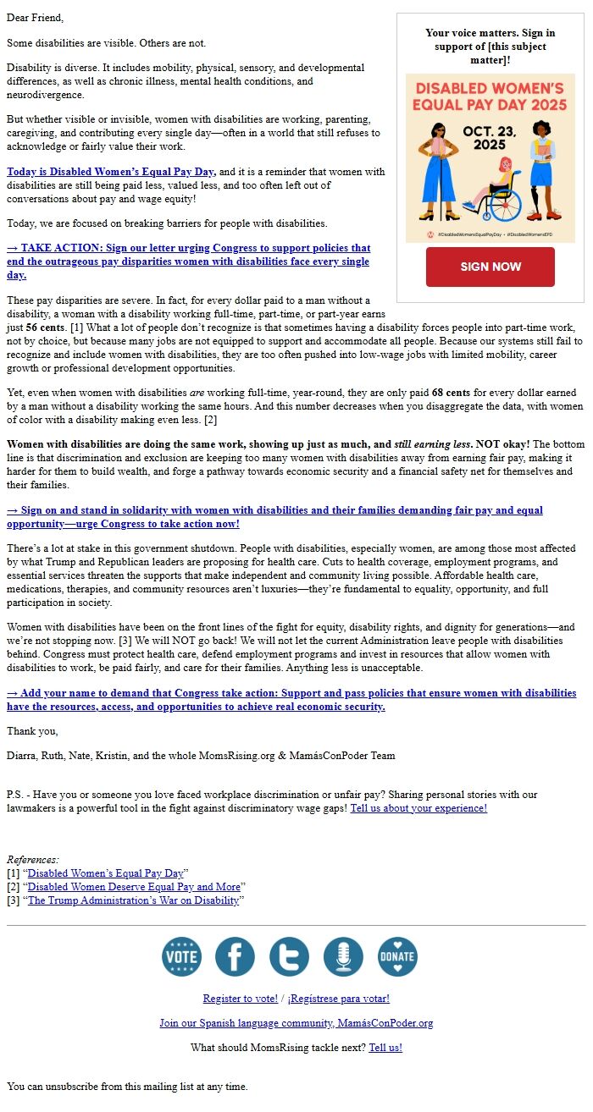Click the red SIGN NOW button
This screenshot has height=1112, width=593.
click(x=490, y=267)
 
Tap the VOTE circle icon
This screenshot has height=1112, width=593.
click(x=181, y=956)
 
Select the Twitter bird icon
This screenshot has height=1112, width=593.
click(x=289, y=956)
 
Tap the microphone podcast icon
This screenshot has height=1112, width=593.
click(x=343, y=956)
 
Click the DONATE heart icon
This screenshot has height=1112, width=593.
click(x=397, y=956)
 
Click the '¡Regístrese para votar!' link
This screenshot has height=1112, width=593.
click(x=338, y=999)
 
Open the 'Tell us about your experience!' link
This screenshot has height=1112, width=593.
click(x=418, y=808)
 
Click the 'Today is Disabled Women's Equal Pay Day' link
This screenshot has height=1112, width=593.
click(x=111, y=172)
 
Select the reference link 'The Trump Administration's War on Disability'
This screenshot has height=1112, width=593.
click(x=133, y=900)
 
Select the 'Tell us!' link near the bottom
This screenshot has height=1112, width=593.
click(x=385, y=1048)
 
